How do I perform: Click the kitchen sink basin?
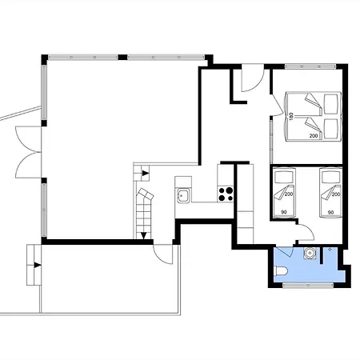[182, 195]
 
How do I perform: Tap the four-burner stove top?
[226, 194]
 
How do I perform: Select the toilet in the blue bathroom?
[280, 271]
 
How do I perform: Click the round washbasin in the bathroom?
[310, 253]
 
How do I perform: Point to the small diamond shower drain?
[330, 250]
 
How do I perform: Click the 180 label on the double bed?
[291, 116]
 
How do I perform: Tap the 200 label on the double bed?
[314, 136]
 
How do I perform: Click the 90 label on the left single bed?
[284, 212]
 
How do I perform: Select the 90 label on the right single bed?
[330, 213]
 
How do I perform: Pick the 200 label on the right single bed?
[336, 194]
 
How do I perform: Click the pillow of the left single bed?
[284, 177]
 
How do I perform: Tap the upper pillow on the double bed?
[330, 104]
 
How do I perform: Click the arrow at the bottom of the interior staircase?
[144, 235]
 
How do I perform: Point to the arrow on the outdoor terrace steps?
[38, 266]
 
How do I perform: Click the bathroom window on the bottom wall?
[308, 286]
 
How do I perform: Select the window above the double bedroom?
[310, 66]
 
